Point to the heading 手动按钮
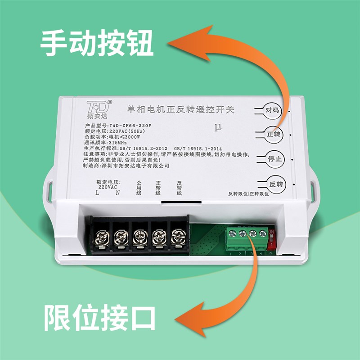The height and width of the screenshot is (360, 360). pos(97,44)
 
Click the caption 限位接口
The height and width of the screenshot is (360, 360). pos(99,317)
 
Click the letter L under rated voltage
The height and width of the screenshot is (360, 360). pos(97,193)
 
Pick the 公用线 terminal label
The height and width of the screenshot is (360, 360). pos(139,188)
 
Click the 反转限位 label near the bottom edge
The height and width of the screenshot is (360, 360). pos(238,194)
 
